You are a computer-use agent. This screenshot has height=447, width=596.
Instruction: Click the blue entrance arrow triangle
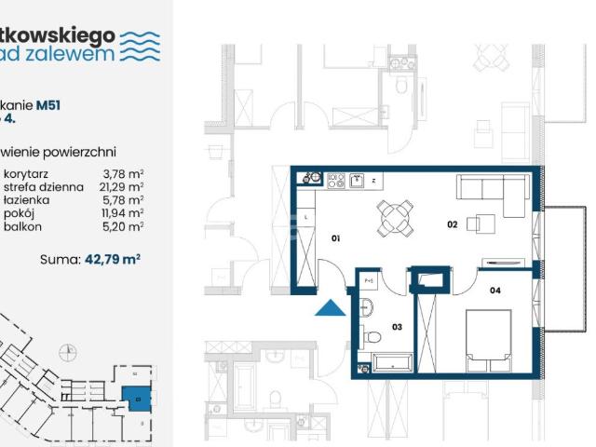click(329, 307)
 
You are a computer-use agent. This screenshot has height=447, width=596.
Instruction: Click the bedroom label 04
click(494, 291)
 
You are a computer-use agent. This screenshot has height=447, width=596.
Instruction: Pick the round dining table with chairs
click(394, 221)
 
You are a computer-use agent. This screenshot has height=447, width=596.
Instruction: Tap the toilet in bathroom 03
click(372, 336)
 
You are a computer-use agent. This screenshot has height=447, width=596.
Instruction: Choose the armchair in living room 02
click(481, 223)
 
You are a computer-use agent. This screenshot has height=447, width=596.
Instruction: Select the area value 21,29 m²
click(123, 186)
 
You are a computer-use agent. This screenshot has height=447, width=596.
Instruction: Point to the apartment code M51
click(48, 105)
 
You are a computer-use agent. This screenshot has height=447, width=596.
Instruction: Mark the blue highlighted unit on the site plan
click(135, 399)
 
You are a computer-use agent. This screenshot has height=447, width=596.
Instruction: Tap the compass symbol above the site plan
click(66, 352)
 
